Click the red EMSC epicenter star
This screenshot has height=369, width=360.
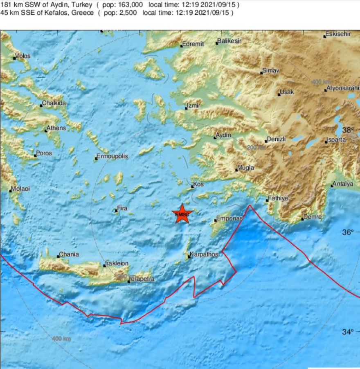(181, 214)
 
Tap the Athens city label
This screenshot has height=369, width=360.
(56, 128)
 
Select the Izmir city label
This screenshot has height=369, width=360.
(193, 106)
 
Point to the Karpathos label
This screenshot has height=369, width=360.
(204, 254)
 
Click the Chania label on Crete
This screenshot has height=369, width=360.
(69, 254)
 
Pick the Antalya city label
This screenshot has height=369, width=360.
(343, 184)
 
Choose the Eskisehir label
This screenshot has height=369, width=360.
(339, 34)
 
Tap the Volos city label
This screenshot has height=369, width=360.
(23, 56)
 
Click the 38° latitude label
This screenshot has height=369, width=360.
(348, 130)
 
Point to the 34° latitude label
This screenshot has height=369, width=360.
(348, 331)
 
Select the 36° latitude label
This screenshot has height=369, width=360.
(348, 232)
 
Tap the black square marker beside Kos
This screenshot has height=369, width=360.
(193, 187)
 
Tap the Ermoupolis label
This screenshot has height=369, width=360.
(112, 156)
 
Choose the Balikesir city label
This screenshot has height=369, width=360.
(230, 41)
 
